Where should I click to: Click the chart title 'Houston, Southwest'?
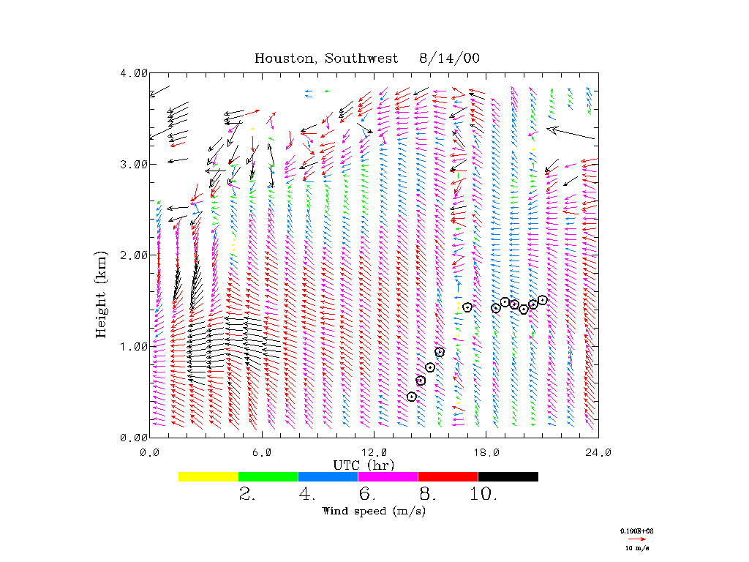point(326,59)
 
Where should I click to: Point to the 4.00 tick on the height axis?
point(135,73)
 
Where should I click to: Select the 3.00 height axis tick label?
point(135,164)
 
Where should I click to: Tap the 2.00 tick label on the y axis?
point(135,255)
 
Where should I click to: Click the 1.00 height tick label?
point(135,345)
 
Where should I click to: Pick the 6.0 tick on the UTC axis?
point(261,452)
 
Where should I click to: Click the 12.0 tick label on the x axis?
point(374,452)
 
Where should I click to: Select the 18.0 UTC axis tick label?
point(486,452)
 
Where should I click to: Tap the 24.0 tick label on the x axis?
point(598,452)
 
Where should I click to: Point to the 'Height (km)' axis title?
point(102,293)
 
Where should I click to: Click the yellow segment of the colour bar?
point(208,476)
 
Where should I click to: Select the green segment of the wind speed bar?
point(268,476)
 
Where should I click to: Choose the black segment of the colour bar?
point(508,476)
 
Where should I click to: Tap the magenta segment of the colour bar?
point(388,476)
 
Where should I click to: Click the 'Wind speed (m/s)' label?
point(373,511)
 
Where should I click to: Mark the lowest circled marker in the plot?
point(412,397)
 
